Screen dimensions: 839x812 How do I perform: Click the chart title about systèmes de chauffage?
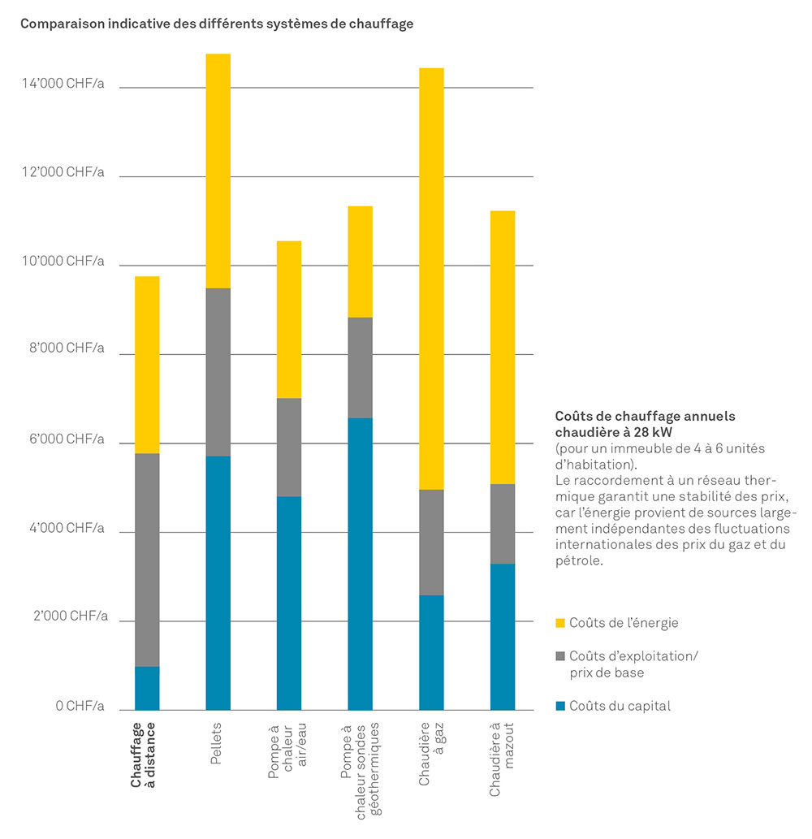point(217,24)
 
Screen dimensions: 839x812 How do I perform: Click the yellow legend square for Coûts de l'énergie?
point(559,623)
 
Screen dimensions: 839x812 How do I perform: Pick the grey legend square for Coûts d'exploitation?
point(559,655)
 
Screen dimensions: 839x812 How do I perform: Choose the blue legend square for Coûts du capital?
point(559,706)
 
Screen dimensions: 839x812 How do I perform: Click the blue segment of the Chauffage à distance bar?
point(147,688)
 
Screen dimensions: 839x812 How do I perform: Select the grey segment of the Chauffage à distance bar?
point(147,560)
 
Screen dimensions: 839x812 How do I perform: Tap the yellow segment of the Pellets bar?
point(218,171)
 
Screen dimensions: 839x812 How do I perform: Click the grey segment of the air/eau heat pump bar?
point(289,447)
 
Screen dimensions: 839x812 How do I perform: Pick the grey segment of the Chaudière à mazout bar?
point(503,524)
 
